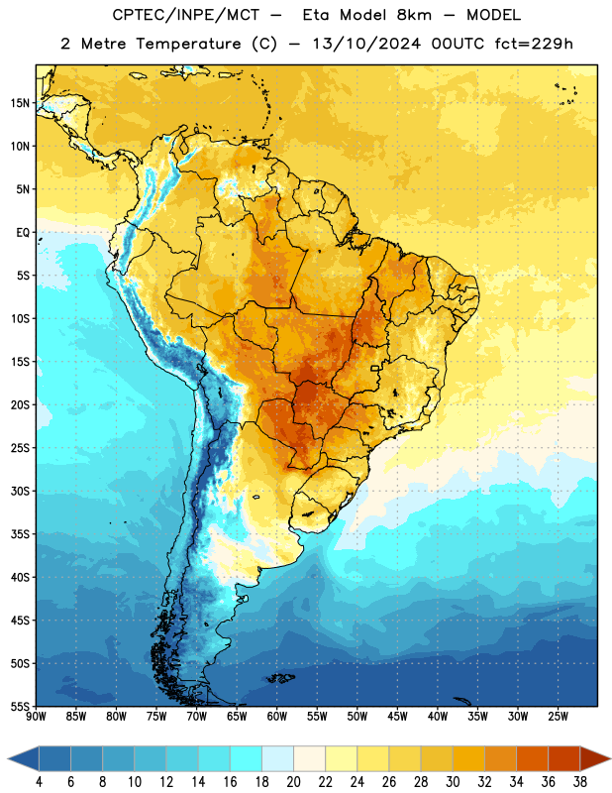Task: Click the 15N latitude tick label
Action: tap(20, 103)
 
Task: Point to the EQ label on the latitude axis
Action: tap(23, 233)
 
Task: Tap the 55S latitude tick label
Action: tap(20, 706)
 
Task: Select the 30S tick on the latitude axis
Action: tap(20, 491)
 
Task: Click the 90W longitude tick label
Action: tap(36, 716)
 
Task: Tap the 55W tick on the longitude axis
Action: tap(317, 716)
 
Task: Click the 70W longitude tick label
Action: tap(197, 716)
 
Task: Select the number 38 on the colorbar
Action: tap(580, 782)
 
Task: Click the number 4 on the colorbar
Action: tap(39, 782)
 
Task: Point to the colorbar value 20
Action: tap(293, 782)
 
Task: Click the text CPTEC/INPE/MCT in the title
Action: tap(186, 15)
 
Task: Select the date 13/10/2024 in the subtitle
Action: tap(366, 44)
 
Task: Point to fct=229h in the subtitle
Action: tap(534, 44)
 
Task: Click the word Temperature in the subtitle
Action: tap(188, 45)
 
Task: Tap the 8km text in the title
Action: tap(414, 15)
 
